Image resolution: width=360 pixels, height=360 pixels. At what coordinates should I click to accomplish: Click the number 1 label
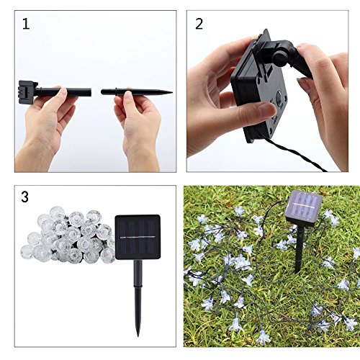pos(26,24)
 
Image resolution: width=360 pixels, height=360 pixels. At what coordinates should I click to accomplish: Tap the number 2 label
pos(199,24)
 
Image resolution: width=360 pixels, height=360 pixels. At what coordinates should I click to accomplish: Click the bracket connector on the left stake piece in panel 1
pos(30,92)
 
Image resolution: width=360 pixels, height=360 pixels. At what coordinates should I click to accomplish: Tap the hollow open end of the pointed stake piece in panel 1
pos(103,92)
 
